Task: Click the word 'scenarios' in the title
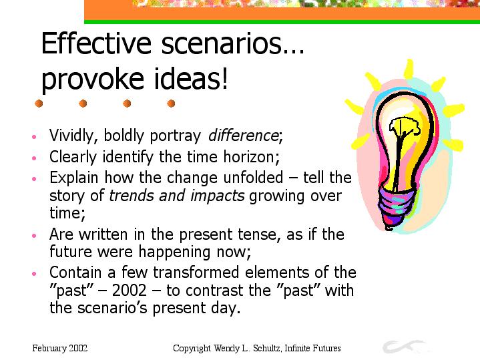pyautogui.click(x=221, y=43)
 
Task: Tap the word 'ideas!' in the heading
pyautogui.click(x=191, y=78)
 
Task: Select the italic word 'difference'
pyautogui.click(x=244, y=135)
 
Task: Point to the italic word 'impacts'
pyautogui.click(x=218, y=196)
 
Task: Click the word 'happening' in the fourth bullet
pyautogui.click(x=174, y=252)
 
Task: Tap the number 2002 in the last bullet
pyautogui.click(x=130, y=290)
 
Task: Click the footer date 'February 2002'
pyautogui.click(x=59, y=349)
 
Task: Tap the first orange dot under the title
pyautogui.click(x=39, y=104)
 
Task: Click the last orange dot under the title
pyautogui.click(x=171, y=104)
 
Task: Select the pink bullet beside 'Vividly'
pyautogui.click(x=34, y=137)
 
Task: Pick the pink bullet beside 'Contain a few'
pyautogui.click(x=34, y=273)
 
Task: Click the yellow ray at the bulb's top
pyautogui.click(x=409, y=69)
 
